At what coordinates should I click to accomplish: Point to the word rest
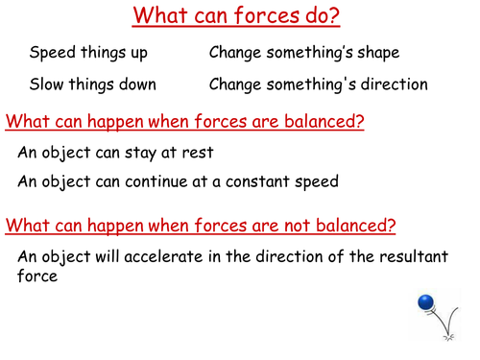(196, 153)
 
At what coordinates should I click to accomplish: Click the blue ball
(426, 304)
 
